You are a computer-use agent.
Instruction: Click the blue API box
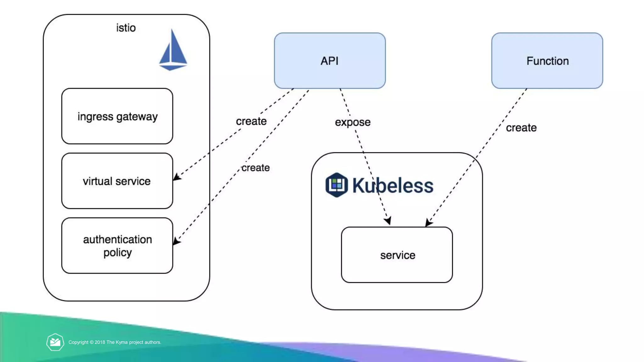(330, 61)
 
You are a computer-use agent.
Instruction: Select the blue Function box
(547, 61)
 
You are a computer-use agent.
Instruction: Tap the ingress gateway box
(117, 116)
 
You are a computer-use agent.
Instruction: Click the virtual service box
(117, 181)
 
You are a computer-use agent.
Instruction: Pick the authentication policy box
(117, 246)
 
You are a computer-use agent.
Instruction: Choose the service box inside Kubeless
(397, 255)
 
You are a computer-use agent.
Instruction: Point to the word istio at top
(126, 28)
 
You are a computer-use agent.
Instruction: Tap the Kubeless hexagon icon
(336, 185)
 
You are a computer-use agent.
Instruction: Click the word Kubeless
(393, 185)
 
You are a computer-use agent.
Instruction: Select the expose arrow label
(353, 122)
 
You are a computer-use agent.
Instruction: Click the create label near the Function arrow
(521, 128)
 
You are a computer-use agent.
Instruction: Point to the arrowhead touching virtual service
(176, 177)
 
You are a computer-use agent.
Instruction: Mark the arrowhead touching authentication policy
(176, 241)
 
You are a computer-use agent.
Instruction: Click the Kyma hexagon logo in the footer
(55, 342)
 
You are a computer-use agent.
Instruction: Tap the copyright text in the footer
(115, 342)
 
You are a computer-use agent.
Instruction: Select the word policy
(118, 253)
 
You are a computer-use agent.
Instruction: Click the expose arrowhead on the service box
(388, 221)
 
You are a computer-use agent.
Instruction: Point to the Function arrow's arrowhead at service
(428, 222)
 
